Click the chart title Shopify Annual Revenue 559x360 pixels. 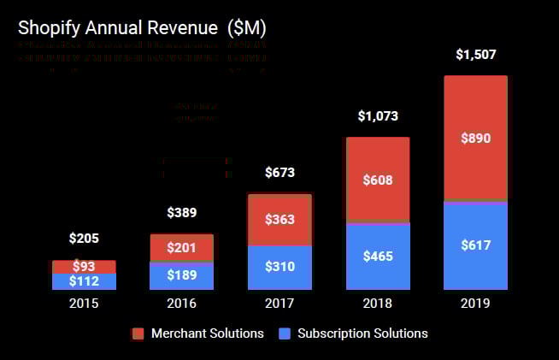pos(142,27)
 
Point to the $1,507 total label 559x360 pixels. pos(475,56)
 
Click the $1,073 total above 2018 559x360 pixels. pos(378,115)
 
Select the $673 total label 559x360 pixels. pos(279,173)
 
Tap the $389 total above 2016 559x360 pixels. pos(182,212)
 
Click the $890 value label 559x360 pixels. pos(475,138)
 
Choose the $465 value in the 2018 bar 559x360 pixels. pos(378,256)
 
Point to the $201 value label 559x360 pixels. pos(182,248)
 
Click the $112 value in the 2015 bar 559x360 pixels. pos(84,281)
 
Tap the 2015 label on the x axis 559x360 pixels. pos(84,304)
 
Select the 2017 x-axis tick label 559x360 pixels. pos(279,304)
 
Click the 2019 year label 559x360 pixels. pos(475,304)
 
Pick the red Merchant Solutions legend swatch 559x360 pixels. pos(138,333)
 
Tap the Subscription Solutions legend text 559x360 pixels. pos(362,333)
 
